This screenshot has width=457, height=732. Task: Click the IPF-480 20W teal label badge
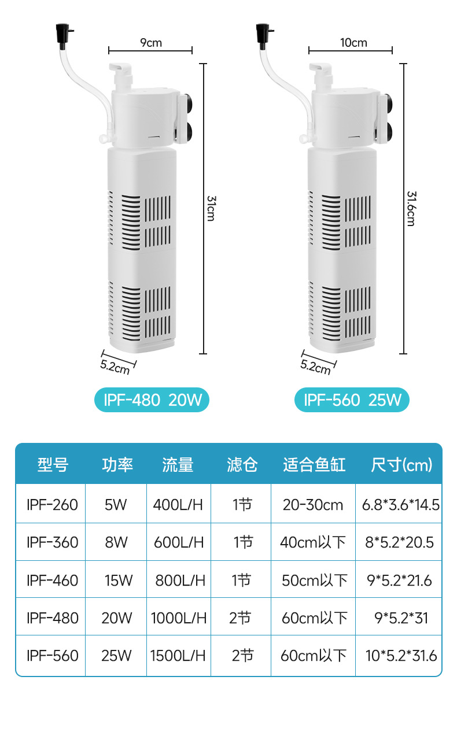point(151,400)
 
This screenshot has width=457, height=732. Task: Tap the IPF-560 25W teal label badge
point(352,400)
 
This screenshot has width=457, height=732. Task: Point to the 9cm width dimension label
point(151,42)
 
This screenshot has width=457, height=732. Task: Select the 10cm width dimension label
point(353,42)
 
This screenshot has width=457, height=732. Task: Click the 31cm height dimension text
point(211,208)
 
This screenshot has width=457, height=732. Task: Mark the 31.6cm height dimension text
point(411,208)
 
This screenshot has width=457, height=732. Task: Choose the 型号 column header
point(53,464)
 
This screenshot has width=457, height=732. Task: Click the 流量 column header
point(178,464)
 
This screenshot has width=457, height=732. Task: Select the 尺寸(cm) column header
point(401,464)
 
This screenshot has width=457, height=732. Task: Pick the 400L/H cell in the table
point(178,505)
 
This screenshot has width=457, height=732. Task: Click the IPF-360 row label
point(52,542)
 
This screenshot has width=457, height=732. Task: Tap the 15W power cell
point(118,580)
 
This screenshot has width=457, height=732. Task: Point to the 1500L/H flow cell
point(178,655)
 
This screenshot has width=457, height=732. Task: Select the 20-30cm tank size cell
point(313,505)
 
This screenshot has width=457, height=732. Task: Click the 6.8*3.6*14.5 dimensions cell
point(401,505)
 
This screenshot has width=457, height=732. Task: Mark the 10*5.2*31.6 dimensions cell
point(401,655)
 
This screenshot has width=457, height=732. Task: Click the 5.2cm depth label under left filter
point(116,365)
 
